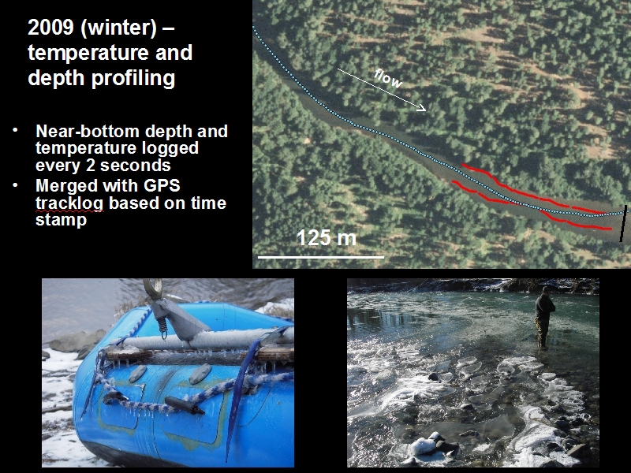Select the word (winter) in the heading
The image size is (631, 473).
tap(118, 28)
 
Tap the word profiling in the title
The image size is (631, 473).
tap(133, 78)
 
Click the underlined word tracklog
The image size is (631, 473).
tap(69, 203)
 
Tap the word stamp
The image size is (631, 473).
tap(62, 221)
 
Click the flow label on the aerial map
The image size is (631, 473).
tap(388, 78)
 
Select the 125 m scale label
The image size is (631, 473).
tap(327, 238)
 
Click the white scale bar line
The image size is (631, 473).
tap(321, 257)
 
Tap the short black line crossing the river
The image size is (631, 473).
tap(623, 224)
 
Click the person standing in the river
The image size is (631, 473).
tap(544, 317)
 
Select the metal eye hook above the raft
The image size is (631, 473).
tap(153, 289)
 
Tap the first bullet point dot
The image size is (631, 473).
tap(15, 130)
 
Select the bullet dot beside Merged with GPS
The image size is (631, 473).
tap(15, 185)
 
